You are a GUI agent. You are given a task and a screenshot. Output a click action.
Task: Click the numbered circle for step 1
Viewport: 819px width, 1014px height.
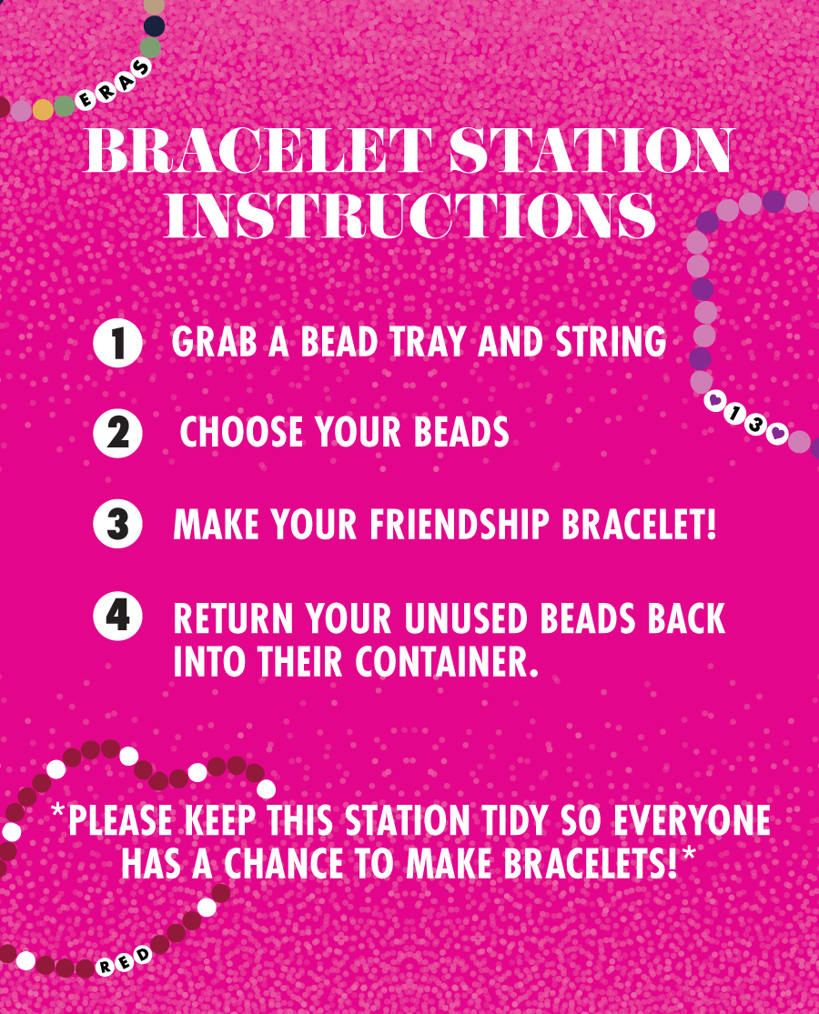tap(117, 343)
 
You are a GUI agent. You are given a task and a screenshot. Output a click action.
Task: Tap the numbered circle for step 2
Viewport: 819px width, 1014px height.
tap(117, 433)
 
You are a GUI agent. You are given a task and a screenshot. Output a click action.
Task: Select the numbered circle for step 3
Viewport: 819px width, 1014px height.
tap(117, 524)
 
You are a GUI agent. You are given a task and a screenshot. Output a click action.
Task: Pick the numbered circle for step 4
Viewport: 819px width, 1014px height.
tap(117, 616)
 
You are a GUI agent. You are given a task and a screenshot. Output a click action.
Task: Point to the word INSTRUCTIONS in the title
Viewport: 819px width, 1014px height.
tap(410, 216)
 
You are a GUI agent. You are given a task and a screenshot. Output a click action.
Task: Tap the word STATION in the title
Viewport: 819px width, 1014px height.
tap(591, 150)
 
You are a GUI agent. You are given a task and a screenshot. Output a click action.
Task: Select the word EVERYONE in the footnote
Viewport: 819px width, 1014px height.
tap(692, 821)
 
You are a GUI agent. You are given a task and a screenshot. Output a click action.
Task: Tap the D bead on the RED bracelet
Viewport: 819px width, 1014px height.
tap(142, 955)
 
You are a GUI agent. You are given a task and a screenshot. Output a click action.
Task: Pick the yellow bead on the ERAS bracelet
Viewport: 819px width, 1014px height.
tap(44, 109)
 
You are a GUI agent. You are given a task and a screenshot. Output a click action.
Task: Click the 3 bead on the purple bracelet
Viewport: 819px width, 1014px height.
tap(755, 424)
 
